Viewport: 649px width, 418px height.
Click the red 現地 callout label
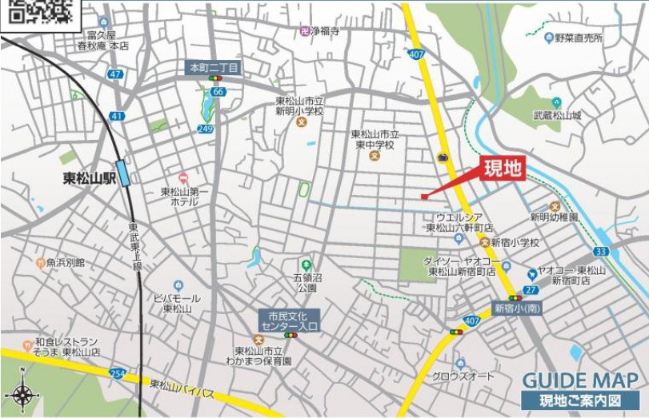point(503,169)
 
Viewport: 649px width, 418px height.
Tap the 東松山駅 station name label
point(90,179)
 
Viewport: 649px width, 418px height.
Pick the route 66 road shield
point(218,92)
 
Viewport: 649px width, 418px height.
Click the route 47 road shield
point(117,74)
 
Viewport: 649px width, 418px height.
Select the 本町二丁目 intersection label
point(214,68)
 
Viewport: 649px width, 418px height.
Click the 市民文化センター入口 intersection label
point(289,320)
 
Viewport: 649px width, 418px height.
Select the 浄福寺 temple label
point(324,31)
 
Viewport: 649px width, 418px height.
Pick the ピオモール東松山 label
point(177,303)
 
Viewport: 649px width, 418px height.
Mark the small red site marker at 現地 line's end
point(424,197)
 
